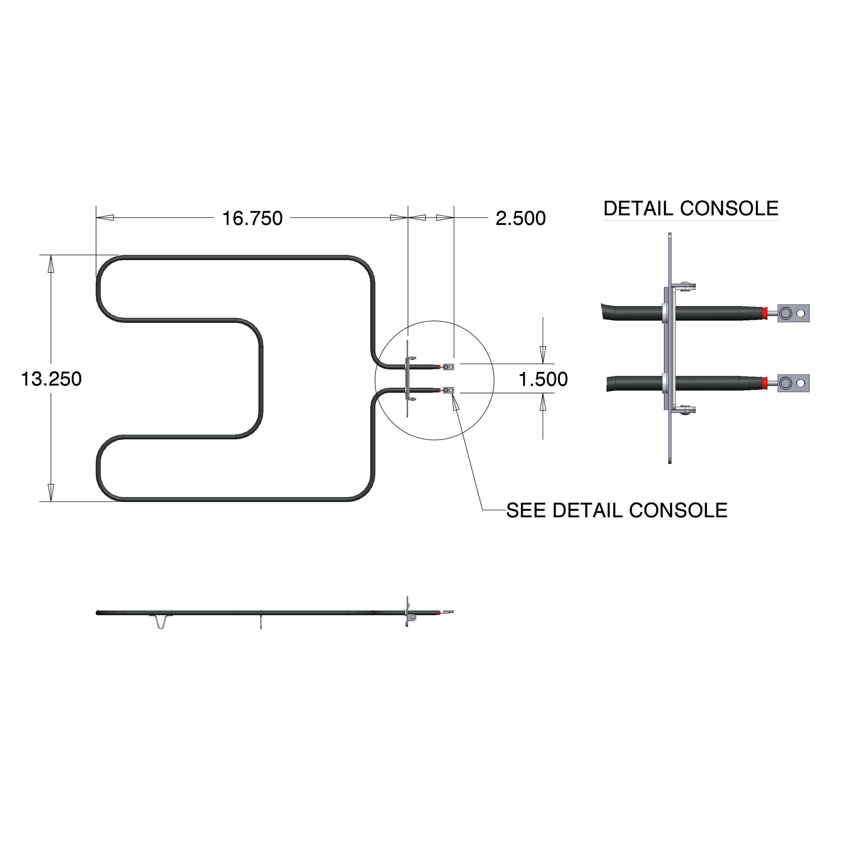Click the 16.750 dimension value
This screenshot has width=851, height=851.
(252, 218)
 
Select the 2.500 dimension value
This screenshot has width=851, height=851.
(520, 218)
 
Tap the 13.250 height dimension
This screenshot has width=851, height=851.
(51, 379)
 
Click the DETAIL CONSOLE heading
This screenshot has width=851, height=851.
(690, 208)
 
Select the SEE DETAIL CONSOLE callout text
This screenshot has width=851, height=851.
(617, 511)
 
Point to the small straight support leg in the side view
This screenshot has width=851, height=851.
(261, 620)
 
